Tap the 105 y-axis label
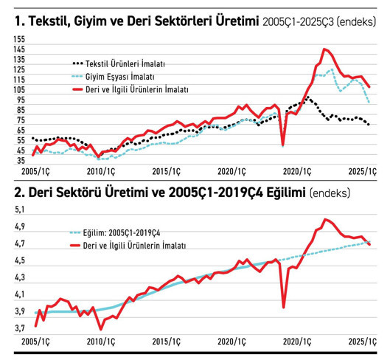coord(18,89)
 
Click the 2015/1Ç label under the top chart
coord(167,171)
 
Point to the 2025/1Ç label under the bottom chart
coord(362,343)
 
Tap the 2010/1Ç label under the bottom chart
coord(99,343)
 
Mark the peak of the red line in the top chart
coord(324,49)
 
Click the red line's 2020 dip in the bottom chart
coord(284,306)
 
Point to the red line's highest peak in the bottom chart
coord(325,219)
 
